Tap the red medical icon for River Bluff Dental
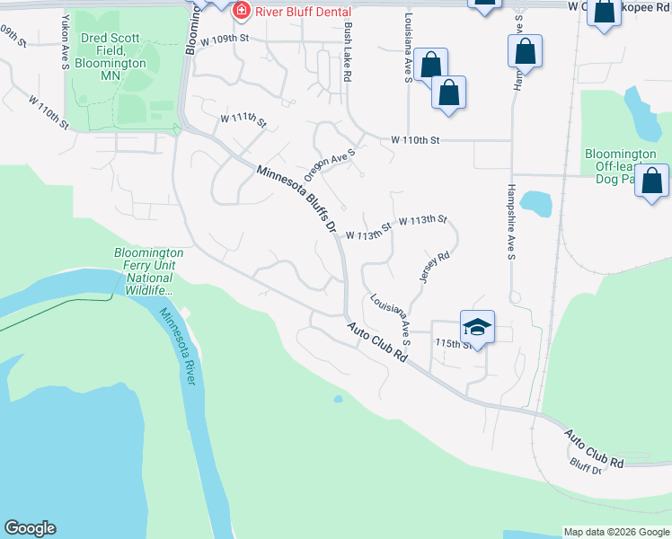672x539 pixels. (x=240, y=10)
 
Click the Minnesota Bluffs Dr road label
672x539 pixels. (x=296, y=199)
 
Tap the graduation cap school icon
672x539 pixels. (x=477, y=327)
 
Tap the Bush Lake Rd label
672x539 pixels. (x=347, y=53)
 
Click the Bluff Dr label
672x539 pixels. (x=586, y=467)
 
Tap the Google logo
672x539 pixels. (x=30, y=528)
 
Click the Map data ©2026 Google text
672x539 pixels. (x=615, y=532)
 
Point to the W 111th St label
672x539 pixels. (x=243, y=119)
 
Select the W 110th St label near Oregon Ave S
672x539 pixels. (x=415, y=140)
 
